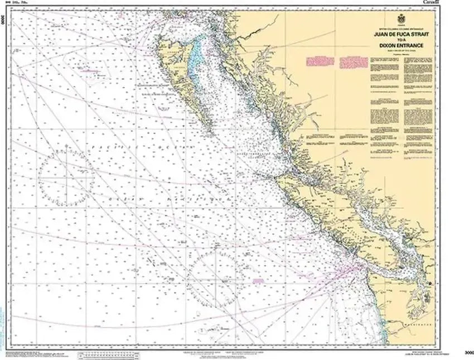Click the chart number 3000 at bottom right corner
point(468,352)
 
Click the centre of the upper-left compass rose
point(66,177)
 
